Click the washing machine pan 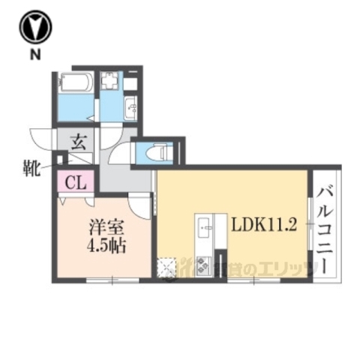111,80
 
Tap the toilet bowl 155,153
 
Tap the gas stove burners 203,265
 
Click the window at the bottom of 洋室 112,280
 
